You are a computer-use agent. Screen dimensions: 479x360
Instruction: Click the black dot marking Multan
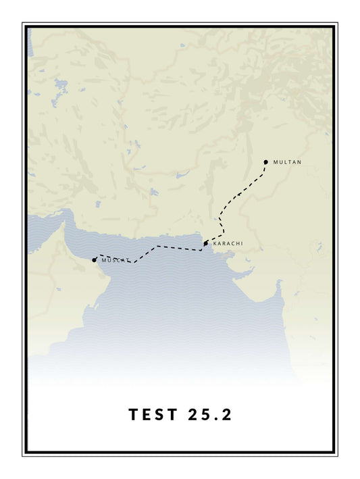pyautogui.click(x=266, y=162)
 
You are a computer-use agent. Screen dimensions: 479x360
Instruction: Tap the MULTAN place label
pyautogui.click(x=287, y=162)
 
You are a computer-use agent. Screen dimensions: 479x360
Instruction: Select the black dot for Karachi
pyautogui.click(x=206, y=243)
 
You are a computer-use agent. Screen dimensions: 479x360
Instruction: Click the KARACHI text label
pyautogui.click(x=228, y=243)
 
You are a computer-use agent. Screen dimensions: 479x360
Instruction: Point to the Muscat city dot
pyautogui.click(x=95, y=260)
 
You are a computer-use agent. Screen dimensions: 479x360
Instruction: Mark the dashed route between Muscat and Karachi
pyautogui.click(x=159, y=247)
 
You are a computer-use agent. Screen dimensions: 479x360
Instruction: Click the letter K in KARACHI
pyautogui.click(x=215, y=243)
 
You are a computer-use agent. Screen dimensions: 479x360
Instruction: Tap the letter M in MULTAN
pyautogui.click(x=276, y=162)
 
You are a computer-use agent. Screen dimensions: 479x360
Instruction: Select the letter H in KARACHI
pyautogui.click(x=236, y=243)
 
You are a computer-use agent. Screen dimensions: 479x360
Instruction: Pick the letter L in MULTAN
pyautogui.click(x=285, y=162)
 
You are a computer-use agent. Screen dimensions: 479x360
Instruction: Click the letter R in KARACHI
pyautogui.click(x=224, y=243)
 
